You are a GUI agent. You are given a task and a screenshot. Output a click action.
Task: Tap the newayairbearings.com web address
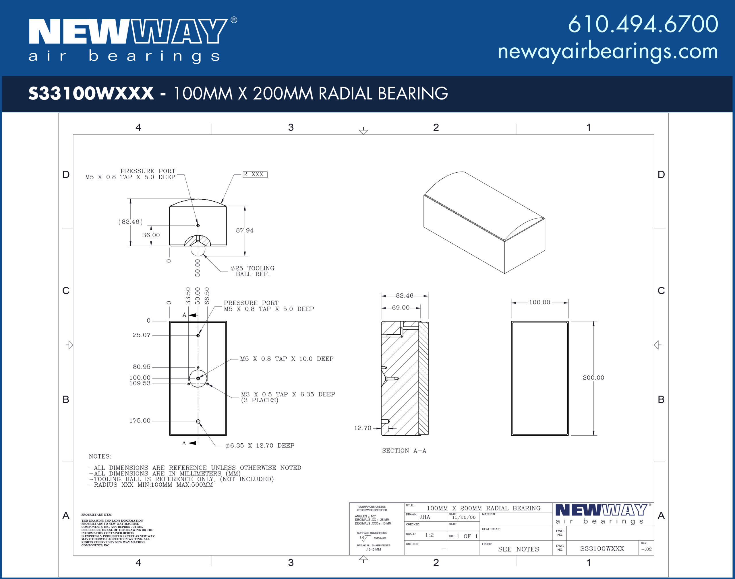pos(608,52)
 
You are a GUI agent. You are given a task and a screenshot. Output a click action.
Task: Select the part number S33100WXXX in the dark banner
pos(91,93)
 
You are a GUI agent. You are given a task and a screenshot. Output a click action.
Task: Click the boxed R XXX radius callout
pos(255,174)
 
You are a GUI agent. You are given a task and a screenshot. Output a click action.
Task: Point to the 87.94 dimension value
pos(245,231)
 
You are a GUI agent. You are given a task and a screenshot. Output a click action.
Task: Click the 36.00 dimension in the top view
pos(151,235)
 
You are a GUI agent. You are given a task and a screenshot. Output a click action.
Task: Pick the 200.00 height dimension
pos(593,378)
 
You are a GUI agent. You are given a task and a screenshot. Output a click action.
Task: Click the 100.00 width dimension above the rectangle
pos(539,302)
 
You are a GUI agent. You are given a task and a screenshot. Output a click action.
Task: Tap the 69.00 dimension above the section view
pos(401,307)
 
